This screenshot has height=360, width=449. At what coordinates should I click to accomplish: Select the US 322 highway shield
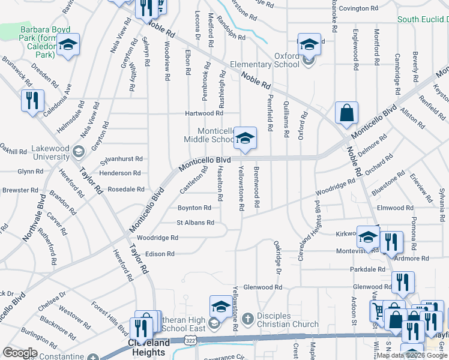tap(190, 340)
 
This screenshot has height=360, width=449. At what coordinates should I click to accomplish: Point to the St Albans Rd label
tap(195, 222)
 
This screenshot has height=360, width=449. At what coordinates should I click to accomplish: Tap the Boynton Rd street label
tap(194, 208)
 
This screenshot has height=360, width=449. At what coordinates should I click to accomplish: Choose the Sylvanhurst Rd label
tap(122, 159)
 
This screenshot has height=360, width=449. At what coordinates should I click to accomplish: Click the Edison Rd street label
tap(159, 253)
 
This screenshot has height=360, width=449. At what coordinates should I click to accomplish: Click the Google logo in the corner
tap(20, 352)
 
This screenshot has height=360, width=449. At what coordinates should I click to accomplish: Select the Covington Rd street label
tap(358, 8)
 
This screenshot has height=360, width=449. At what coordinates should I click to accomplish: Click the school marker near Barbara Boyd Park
tap(68, 45)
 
